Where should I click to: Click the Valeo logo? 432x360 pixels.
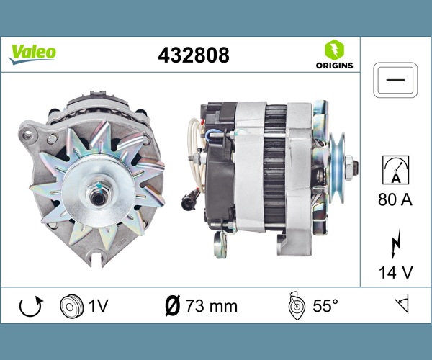32,54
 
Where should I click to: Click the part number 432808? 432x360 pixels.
194,55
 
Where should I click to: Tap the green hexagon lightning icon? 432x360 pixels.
334,50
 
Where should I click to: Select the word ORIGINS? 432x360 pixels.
334,66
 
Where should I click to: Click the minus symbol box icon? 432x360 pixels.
395,80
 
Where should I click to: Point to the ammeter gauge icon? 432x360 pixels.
395,170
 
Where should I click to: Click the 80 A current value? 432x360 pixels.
395,199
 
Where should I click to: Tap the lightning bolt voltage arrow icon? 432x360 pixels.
395,243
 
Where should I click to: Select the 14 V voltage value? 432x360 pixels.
395,273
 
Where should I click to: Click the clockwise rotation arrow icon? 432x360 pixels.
31,306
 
